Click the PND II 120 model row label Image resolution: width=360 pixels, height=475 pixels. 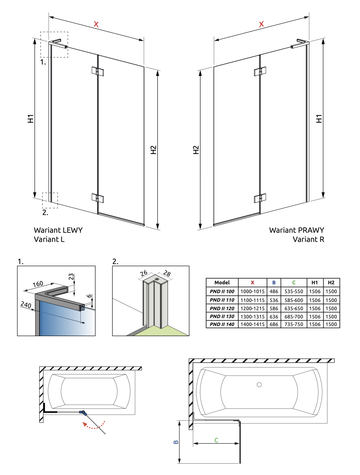pos(222,308)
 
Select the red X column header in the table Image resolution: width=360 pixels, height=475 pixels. pos(252,282)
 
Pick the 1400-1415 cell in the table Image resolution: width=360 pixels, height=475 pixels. pos(252,324)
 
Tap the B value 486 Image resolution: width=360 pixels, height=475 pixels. pos(274,291)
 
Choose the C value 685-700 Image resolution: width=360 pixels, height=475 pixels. pos(294,317)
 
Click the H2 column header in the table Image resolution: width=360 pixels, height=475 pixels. pos(331,282)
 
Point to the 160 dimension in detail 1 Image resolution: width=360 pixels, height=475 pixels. pos(38,284)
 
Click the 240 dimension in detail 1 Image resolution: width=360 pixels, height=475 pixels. pos(26,305)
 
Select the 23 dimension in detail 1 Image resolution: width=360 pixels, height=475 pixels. pos(71,277)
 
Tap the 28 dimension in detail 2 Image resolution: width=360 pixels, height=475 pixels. pos(167,274)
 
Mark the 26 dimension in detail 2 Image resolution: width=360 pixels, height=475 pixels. pos(144,273)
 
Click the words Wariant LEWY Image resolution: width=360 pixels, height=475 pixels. pos(58,230)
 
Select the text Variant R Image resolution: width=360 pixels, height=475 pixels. pos(308,239)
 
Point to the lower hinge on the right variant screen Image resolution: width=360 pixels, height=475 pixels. pos(260,198)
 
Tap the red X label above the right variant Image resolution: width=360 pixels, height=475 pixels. pos(261,24)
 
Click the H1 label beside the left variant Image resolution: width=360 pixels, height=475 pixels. pos(30,119)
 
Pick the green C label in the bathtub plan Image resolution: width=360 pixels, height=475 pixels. pos(216,440)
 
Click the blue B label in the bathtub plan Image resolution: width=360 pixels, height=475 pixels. pos(176,442)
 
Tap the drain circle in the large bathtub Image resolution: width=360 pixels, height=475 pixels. pos(259,385)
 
